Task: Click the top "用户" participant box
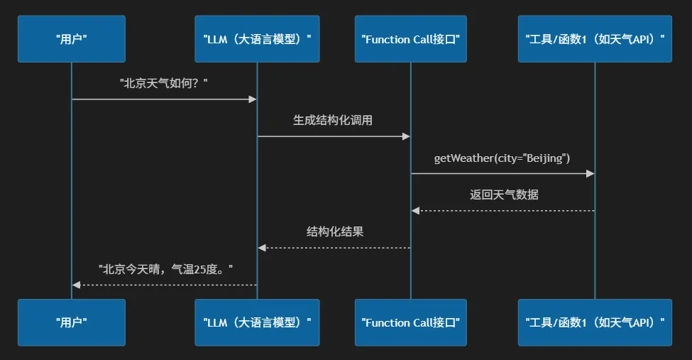tap(72, 39)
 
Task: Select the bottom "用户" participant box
tap(72, 322)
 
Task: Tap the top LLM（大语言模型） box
tap(258, 39)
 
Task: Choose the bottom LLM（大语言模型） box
tap(258, 322)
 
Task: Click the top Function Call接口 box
tap(411, 39)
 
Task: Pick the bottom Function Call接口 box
tap(411, 322)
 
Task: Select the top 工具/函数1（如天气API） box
tap(595, 39)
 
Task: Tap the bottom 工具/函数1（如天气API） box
tap(595, 322)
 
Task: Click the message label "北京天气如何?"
tap(164, 83)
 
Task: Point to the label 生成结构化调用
tap(333, 120)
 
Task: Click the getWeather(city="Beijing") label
tap(502, 158)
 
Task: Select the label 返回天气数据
tap(504, 195)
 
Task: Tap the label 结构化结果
tap(335, 232)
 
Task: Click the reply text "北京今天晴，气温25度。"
tap(165, 269)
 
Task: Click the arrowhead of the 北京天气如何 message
tap(253, 99)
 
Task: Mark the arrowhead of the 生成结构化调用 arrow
tap(406, 136)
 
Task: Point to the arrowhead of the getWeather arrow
tap(590, 173)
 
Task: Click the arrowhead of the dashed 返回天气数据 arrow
tap(416, 211)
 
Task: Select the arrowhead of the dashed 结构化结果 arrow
tap(262, 248)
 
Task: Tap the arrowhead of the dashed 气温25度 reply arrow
tap(77, 285)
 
